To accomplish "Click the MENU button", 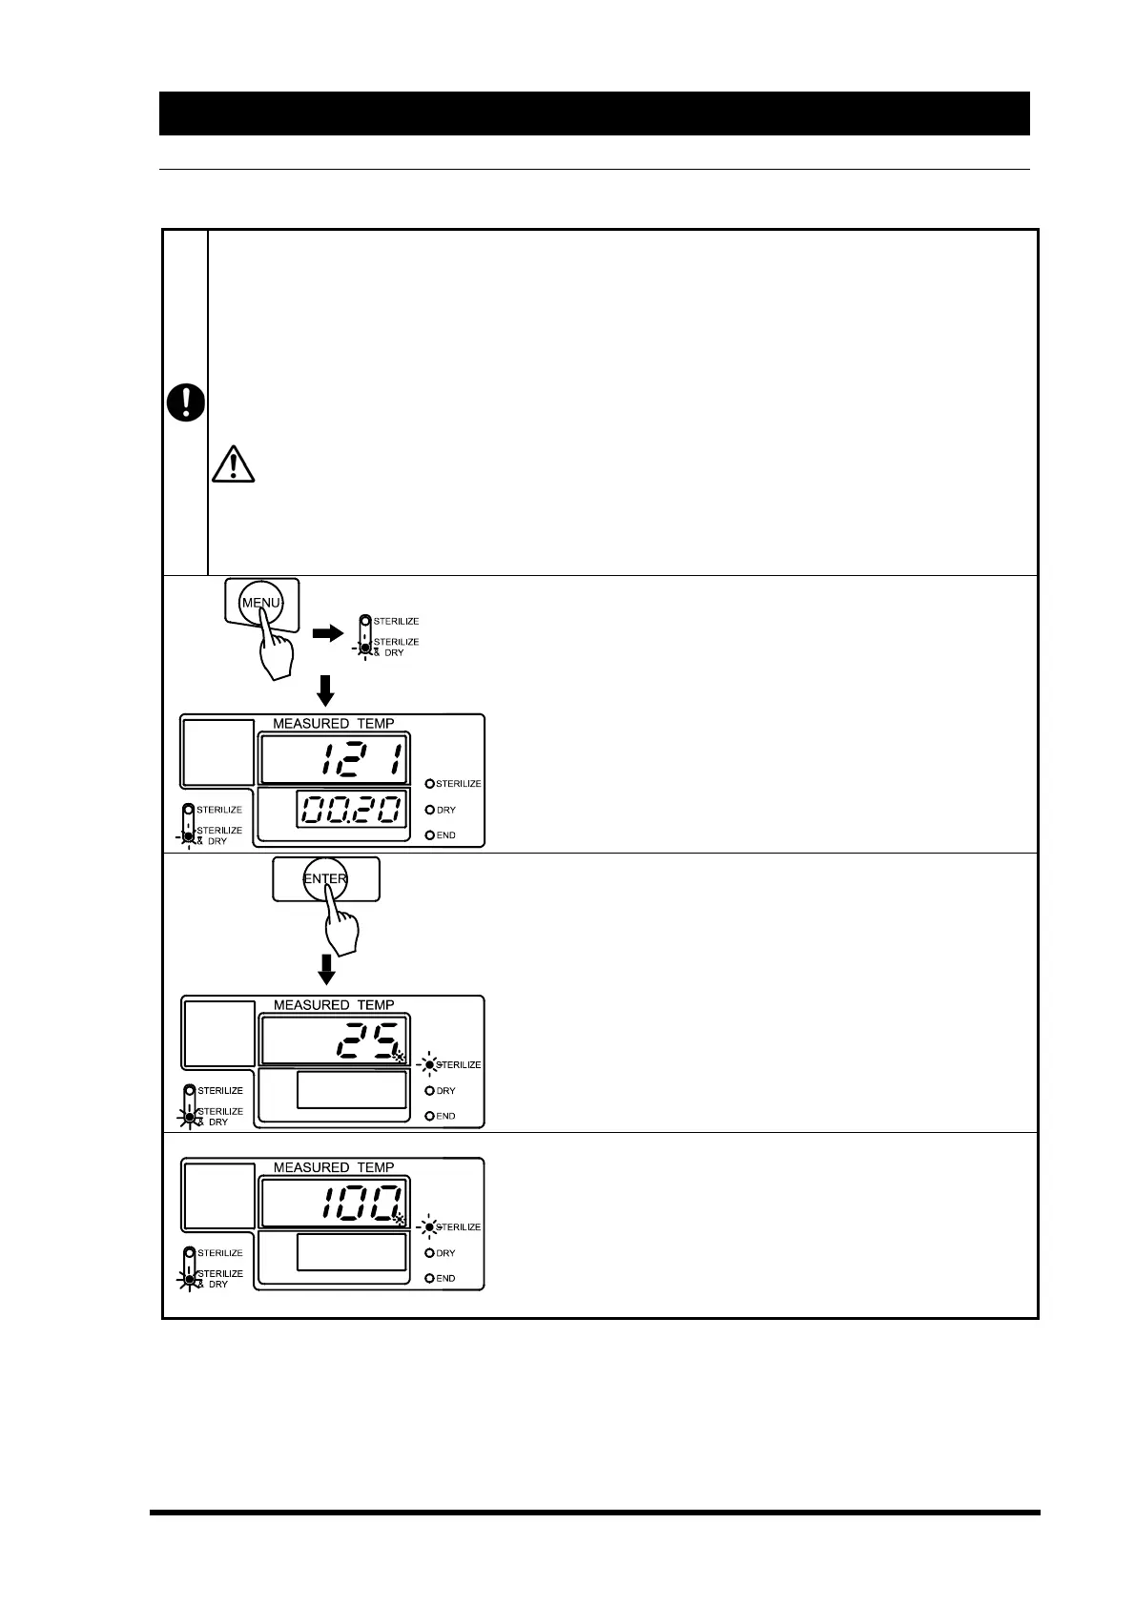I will click(x=260, y=603).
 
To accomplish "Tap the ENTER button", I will click(x=325, y=878).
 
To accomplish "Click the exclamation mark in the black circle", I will click(x=186, y=403).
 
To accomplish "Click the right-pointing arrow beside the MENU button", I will click(x=327, y=633).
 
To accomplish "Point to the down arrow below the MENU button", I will click(x=325, y=690).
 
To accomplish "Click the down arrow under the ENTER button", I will click(x=326, y=970).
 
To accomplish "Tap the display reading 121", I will click(x=334, y=759).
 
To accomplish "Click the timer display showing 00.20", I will click(x=351, y=810).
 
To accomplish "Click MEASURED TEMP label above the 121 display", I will click(x=334, y=724).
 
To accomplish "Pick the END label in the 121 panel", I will click(x=446, y=835).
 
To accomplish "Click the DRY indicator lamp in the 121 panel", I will click(x=429, y=810).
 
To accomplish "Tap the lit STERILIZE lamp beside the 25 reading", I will click(x=430, y=1064).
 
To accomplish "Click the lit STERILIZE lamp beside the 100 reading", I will click(x=430, y=1226).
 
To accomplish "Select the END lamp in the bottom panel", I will click(x=429, y=1278).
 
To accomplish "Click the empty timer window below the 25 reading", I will click(x=351, y=1090).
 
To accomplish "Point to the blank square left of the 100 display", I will click(x=219, y=1196).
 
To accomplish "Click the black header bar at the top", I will click(x=594, y=113).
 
